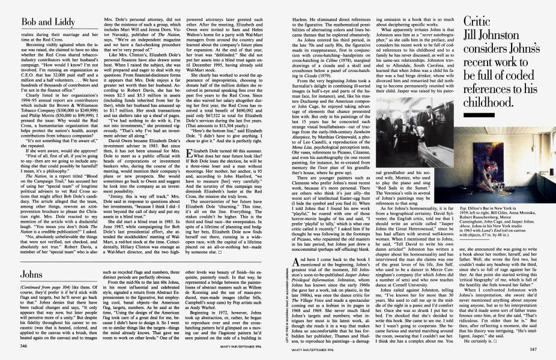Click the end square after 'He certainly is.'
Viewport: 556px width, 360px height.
(x=509, y=332)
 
